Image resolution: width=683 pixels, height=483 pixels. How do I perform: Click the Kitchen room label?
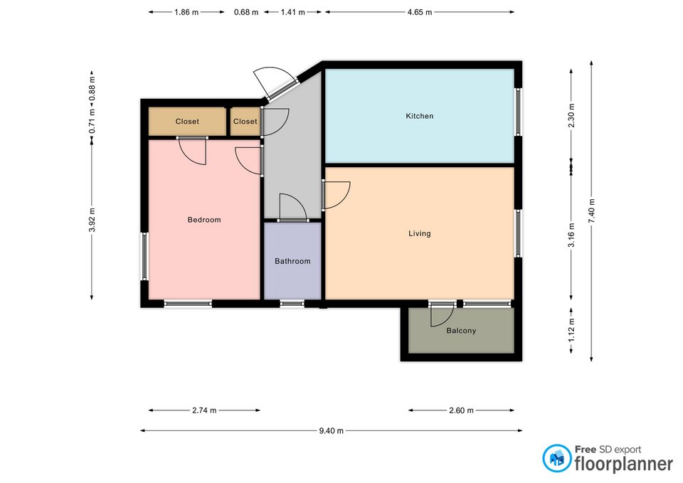click(x=420, y=116)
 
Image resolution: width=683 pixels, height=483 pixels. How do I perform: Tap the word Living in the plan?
click(x=420, y=233)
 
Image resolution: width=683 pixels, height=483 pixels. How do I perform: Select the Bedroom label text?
click(x=204, y=220)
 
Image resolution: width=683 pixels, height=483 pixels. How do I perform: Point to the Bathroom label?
click(x=292, y=261)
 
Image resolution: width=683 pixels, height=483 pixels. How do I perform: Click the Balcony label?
click(x=461, y=331)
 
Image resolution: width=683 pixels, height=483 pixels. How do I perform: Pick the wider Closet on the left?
click(x=187, y=122)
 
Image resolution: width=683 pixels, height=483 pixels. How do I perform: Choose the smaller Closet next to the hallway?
click(x=245, y=122)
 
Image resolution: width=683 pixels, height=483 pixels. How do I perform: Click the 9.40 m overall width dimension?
click(x=331, y=431)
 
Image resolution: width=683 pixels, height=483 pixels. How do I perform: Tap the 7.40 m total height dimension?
click(x=591, y=211)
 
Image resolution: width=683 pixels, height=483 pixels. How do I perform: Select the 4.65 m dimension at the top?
click(x=420, y=12)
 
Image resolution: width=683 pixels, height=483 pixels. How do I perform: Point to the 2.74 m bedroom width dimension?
click(x=204, y=410)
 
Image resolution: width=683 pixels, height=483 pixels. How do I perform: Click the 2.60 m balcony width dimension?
click(x=461, y=410)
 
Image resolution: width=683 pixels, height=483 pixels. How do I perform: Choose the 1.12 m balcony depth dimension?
click(x=571, y=330)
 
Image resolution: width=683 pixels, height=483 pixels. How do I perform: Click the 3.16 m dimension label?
click(x=571, y=235)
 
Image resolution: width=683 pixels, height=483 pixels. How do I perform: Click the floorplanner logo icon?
click(x=556, y=458)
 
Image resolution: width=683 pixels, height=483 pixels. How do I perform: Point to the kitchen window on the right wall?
click(x=518, y=112)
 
